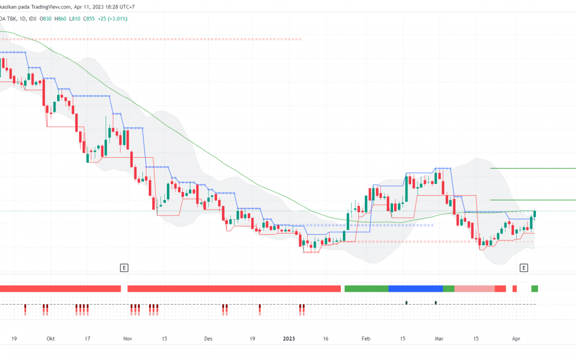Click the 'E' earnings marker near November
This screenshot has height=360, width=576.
click(124, 268)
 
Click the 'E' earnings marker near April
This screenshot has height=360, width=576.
click(524, 268)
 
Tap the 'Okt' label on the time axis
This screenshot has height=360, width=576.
click(51, 339)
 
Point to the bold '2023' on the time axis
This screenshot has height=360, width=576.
click(289, 339)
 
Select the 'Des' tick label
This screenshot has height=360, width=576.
click(209, 339)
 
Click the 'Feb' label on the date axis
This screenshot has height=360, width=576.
click(365, 339)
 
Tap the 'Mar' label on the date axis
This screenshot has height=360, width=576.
click(439, 339)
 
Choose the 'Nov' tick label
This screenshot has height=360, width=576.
click(127, 339)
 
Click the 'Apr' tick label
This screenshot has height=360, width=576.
click(516, 339)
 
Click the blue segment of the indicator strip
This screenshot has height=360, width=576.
click(415, 289)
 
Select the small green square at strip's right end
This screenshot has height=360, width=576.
click(535, 289)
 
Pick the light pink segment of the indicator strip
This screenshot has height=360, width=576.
click(474, 289)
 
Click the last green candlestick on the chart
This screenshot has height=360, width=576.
click(535, 214)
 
